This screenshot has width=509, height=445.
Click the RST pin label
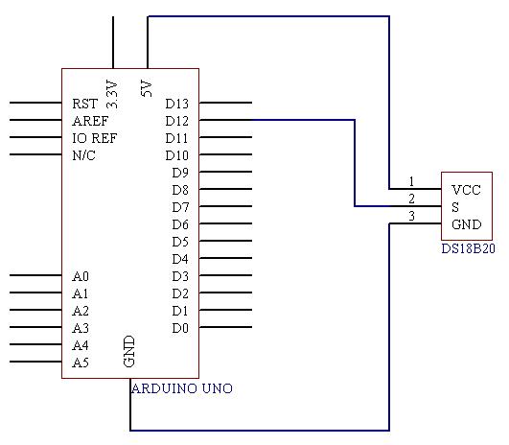(84, 104)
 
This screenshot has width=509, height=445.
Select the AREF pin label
(90, 121)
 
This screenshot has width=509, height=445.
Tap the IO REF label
(95, 138)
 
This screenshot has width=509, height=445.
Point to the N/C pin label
(83, 155)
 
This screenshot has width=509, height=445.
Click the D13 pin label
(177, 104)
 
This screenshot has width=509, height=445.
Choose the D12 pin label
(177, 121)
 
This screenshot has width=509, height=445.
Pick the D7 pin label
(180, 207)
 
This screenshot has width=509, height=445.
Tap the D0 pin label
(180, 328)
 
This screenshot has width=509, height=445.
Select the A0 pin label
(81, 276)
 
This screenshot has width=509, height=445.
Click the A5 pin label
(81, 363)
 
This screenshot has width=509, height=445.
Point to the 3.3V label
(112, 94)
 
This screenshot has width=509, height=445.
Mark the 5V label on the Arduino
(147, 88)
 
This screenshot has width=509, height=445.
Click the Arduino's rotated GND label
(129, 351)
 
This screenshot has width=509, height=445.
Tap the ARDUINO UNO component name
(182, 388)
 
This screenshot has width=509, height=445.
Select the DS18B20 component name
(468, 248)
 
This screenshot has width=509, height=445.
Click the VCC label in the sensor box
(466, 190)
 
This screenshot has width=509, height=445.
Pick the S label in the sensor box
(455, 207)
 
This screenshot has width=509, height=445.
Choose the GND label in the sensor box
(467, 224)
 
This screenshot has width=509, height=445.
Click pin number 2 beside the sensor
(411, 199)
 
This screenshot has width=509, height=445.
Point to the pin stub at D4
(225, 258)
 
